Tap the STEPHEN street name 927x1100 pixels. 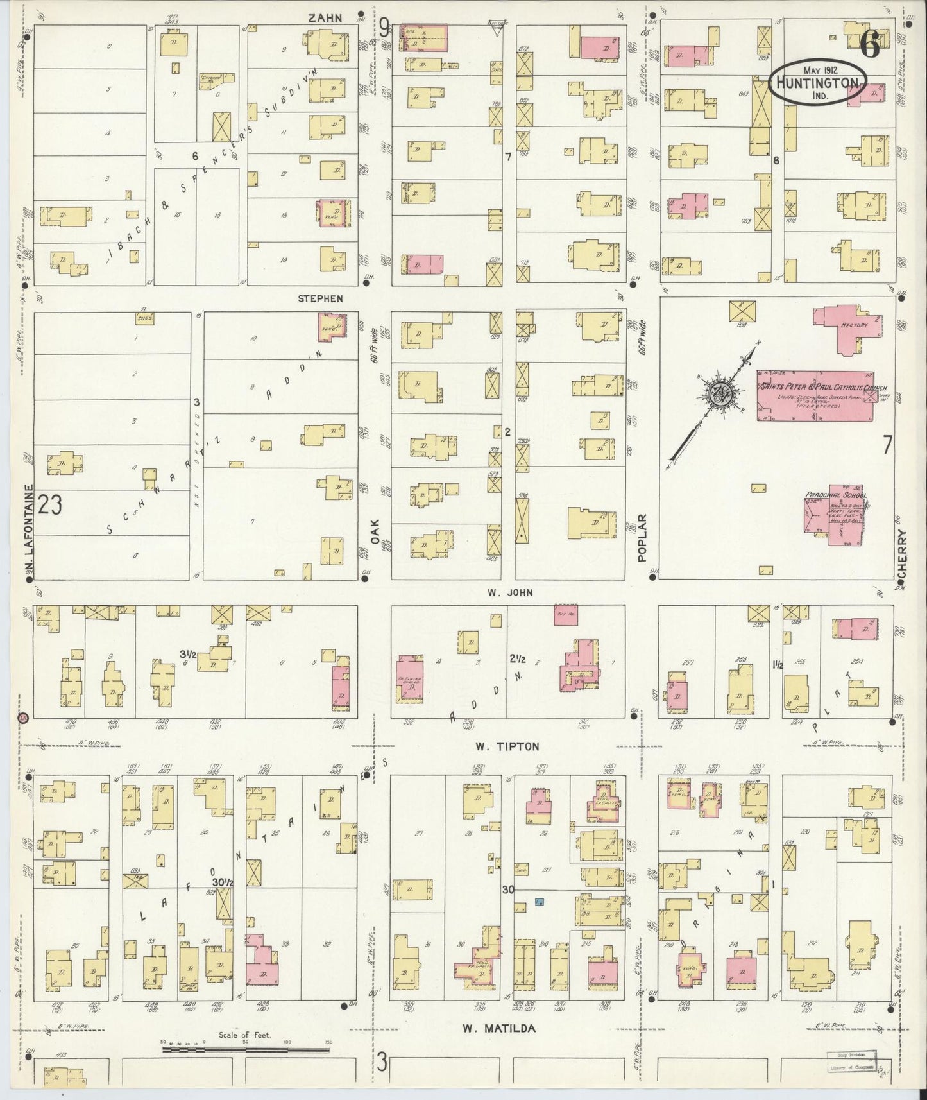[x=320, y=298]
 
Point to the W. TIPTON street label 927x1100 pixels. [x=507, y=746]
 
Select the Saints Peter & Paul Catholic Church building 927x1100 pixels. [x=815, y=394]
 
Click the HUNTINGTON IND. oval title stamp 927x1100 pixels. [x=817, y=83]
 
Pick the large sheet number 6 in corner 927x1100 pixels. [x=870, y=45]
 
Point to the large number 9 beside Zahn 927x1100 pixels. [x=383, y=28]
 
